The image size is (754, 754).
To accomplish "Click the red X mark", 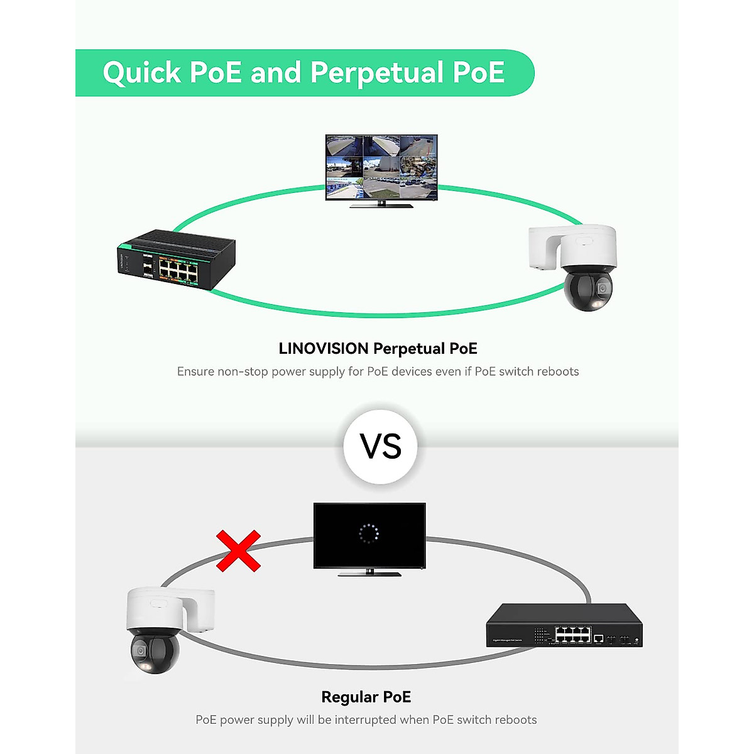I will click(238, 551).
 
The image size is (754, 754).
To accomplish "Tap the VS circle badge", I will click(381, 447).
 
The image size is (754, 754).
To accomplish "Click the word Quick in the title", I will click(142, 73).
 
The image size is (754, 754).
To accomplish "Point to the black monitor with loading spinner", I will click(369, 535).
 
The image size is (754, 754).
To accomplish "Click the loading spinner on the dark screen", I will click(369, 533).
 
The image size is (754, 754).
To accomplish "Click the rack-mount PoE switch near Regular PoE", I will click(564, 625).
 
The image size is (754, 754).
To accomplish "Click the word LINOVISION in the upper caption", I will click(324, 349).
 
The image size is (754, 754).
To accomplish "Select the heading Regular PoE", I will click(366, 697).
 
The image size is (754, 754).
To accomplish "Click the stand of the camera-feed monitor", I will click(381, 204).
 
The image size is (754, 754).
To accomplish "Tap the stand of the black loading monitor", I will click(369, 572).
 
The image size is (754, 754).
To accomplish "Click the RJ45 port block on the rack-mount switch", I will click(572, 635).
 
